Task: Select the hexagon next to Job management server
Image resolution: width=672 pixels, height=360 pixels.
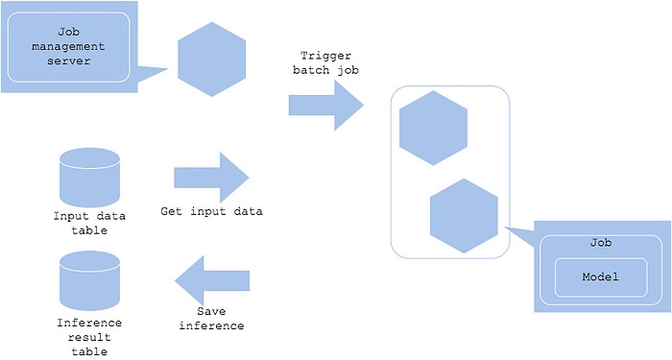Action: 212,61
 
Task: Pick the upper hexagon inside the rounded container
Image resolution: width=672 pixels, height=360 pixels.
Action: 433,126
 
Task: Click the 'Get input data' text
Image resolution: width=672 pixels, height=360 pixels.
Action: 211,210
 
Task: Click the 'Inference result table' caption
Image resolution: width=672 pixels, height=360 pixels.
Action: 88,338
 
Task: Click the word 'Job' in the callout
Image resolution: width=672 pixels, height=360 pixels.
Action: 601,244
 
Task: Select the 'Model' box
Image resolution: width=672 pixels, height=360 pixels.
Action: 601,277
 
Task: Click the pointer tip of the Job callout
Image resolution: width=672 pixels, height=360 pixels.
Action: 505,228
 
